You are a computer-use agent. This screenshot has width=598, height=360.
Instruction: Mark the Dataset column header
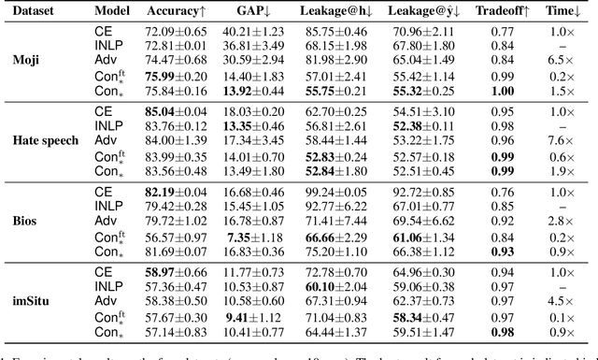tap(32, 15)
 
